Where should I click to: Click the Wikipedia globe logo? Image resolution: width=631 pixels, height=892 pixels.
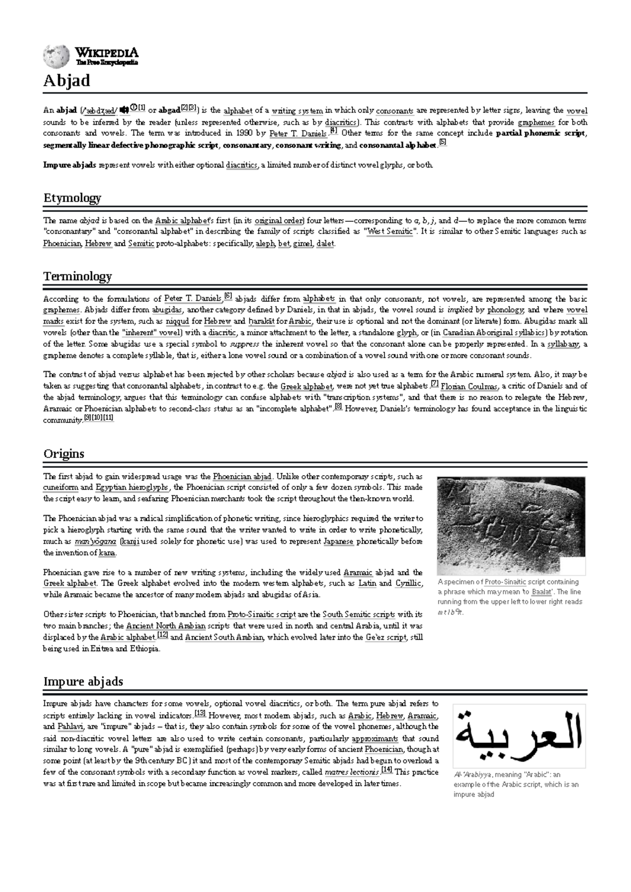[x=56, y=56]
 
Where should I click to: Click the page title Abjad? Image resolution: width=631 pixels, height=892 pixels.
[x=67, y=80]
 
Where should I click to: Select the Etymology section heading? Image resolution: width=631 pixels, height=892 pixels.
[x=72, y=198]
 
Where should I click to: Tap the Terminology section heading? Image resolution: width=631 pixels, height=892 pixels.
[x=77, y=276]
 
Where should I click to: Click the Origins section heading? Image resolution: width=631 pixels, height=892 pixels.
[x=64, y=454]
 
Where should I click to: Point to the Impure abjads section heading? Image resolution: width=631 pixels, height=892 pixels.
[x=83, y=681]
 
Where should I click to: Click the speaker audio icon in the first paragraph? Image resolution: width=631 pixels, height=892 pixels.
[x=124, y=110]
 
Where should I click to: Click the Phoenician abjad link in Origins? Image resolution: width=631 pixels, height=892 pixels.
[x=242, y=477]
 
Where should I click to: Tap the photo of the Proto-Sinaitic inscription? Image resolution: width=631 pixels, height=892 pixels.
[x=511, y=525]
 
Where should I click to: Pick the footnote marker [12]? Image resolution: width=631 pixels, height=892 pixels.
[x=162, y=635]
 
